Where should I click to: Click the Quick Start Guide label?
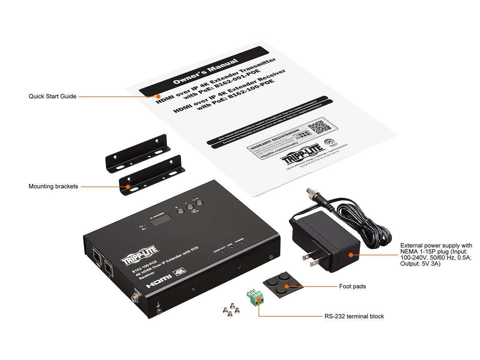point(52,96)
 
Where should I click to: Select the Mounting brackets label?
point(53,186)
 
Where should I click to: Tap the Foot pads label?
point(352,286)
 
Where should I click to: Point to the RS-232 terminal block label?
point(354,316)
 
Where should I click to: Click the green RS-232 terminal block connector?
point(253,297)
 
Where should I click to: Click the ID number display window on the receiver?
point(157,223)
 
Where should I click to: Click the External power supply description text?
point(436,255)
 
